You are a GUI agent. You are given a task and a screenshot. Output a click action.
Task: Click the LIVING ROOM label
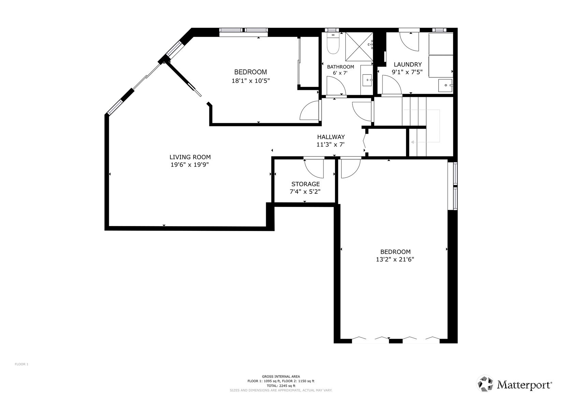190,157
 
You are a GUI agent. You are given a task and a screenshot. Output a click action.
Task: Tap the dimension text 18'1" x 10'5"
250,81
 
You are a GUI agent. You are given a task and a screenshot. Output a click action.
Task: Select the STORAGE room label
305,184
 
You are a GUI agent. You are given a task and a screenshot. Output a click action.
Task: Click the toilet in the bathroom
333,45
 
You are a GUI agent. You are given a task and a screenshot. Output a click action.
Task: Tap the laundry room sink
445,85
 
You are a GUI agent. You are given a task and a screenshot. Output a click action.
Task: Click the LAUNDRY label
407,64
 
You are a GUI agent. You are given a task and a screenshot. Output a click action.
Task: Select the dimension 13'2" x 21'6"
395,260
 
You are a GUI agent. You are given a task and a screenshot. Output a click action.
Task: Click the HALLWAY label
331,137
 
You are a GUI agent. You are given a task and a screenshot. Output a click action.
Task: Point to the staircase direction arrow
413,142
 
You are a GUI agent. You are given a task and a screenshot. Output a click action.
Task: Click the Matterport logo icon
485,384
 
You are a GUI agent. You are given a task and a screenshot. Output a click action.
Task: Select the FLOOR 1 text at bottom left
21,364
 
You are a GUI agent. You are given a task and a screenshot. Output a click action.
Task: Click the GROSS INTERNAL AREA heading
281,377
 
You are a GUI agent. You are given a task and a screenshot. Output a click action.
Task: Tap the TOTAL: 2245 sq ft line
281,386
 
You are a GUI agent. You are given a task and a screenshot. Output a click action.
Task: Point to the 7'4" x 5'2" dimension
305,192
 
